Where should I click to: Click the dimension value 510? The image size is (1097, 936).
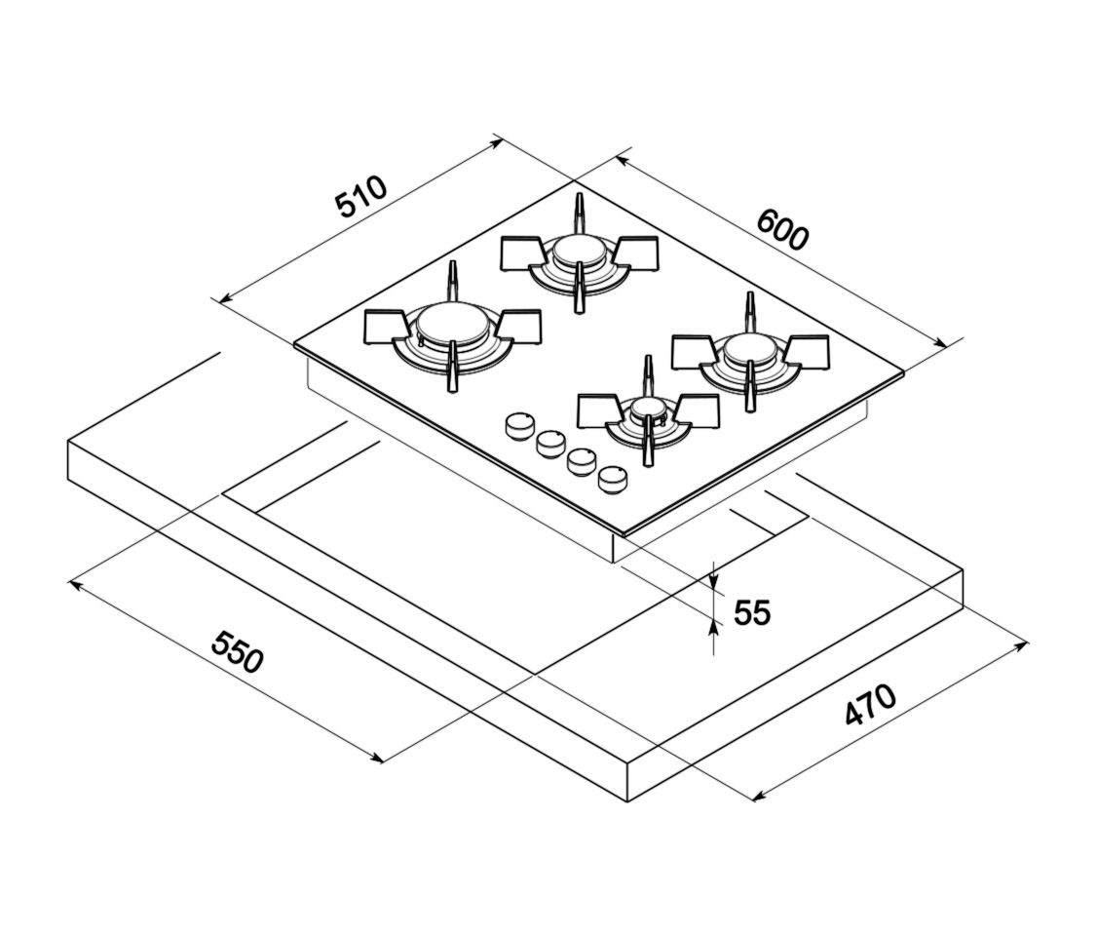pos(360,196)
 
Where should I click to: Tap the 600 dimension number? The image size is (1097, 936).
pos(781,231)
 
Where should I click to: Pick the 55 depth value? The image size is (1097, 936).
pos(751,612)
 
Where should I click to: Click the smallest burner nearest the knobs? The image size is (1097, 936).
pos(647,411)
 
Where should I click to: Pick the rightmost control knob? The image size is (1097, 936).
pos(613,479)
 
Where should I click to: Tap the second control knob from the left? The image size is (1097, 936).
pos(550,443)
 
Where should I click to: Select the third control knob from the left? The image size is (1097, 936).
pos(582,460)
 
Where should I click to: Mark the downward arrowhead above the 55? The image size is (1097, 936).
pos(714,583)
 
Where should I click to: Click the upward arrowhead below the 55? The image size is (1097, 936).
pos(714,629)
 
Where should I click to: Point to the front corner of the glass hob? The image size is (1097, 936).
pos(621,534)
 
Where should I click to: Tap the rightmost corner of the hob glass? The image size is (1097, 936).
pos(903,371)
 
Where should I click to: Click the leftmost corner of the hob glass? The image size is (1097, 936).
pos(295,343)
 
